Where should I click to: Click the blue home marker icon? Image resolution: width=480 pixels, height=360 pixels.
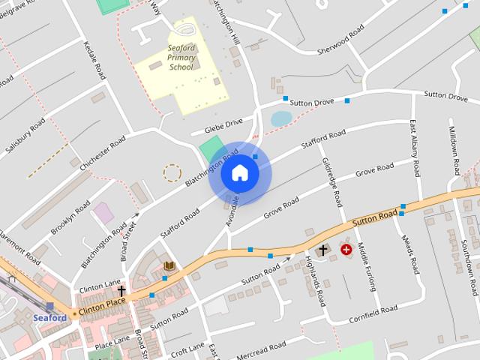(x=240, y=172)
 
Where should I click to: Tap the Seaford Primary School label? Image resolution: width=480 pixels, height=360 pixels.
(x=181, y=58)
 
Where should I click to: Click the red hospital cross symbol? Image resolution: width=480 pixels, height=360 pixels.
(x=346, y=249)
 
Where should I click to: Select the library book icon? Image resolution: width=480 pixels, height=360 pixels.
(x=169, y=266)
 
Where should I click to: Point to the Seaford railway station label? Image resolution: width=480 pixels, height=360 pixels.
(x=50, y=317)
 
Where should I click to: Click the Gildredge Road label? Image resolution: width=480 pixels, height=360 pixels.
(x=331, y=182)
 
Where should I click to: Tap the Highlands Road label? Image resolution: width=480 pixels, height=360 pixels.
(x=316, y=280)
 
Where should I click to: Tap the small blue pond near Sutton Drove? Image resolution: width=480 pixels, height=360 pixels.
(x=280, y=118)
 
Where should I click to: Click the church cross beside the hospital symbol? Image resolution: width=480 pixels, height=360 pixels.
(x=323, y=250)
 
